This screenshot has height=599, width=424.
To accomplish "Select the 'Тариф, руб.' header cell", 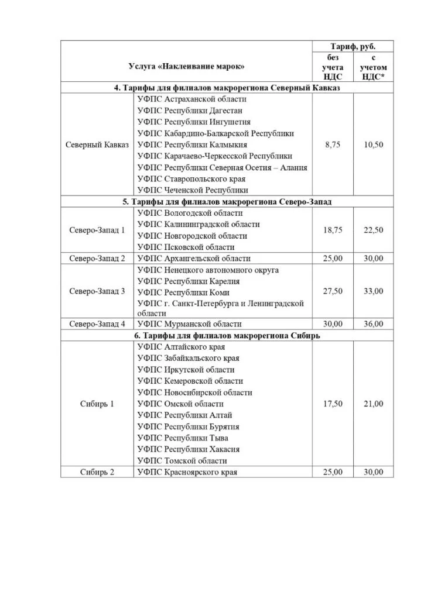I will [x=353, y=46].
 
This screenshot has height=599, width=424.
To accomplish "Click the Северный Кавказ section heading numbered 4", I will [x=227, y=88].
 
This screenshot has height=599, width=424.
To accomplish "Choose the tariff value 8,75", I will [x=333, y=144].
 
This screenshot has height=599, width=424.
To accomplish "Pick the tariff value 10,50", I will [x=373, y=144].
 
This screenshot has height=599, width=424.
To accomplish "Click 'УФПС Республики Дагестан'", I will [x=190, y=111].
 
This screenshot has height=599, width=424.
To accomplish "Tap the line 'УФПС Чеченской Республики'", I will [x=193, y=190].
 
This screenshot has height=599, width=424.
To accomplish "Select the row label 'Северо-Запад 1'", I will [x=97, y=230].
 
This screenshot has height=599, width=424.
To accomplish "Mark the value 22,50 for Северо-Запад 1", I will [x=373, y=230].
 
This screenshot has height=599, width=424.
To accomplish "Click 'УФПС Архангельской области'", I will [x=194, y=259].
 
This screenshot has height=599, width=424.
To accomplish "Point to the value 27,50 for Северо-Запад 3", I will [x=333, y=291].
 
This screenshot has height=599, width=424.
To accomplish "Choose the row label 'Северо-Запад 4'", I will [x=97, y=324].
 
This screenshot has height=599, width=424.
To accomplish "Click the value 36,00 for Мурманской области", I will [x=373, y=324].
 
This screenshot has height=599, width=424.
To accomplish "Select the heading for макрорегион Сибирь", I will [x=227, y=336].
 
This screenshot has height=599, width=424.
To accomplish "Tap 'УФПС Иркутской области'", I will [x=186, y=370].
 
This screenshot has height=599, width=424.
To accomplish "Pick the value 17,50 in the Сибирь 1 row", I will [x=333, y=404].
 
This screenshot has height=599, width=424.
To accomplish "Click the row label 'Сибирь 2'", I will [x=97, y=472].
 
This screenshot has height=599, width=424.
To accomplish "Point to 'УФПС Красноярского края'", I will [x=187, y=472].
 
